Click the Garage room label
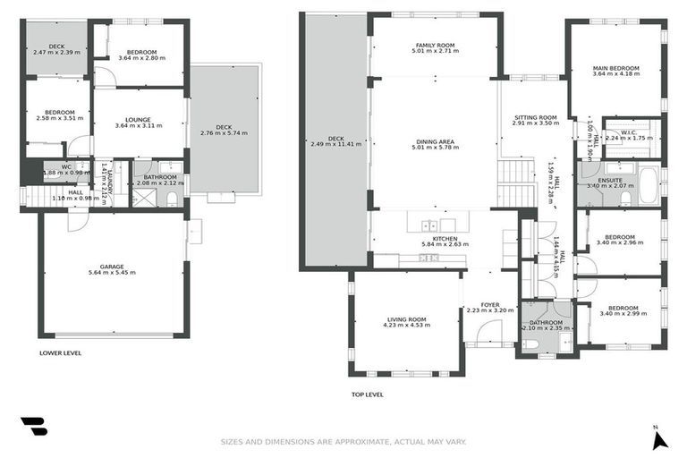[x=112, y=266]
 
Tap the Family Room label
[x=436, y=45]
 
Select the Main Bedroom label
[x=616, y=68]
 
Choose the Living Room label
[x=406, y=318]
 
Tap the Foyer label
[x=490, y=305]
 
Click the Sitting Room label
[x=535, y=117]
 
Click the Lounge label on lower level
[x=138, y=119]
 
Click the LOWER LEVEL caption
[x=60, y=352]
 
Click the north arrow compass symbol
[x=659, y=438]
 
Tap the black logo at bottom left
[x=34, y=428]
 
